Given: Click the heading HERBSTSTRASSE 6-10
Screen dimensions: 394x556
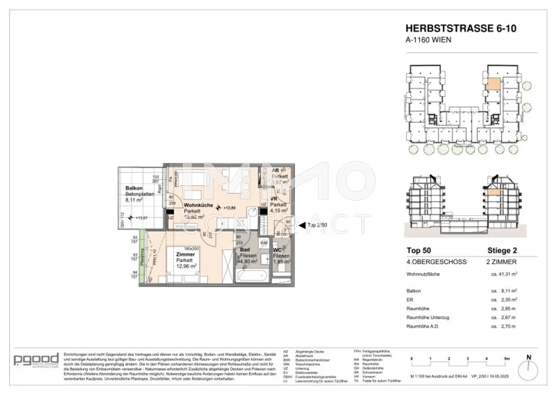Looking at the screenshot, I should coord(460,28).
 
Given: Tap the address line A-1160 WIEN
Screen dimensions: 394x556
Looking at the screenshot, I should coord(428,40).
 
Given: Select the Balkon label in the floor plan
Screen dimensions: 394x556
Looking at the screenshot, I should coord(134,188).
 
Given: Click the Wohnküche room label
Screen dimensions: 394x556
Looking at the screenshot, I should coord(198,205).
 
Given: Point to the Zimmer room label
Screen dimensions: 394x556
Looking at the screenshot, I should coord(185,254).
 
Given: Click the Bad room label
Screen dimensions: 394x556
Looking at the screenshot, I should coord(245,250).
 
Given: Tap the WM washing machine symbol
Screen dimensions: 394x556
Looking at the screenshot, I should coord(264,243).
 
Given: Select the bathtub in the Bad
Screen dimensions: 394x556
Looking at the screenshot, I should coord(251,277).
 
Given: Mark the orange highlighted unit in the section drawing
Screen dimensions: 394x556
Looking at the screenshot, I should coord(493,192).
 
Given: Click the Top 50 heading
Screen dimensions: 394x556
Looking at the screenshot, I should coord(418,250).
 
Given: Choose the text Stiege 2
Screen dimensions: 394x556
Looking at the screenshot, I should coord(502,250).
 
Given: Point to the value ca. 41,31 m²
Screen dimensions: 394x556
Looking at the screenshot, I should coord(504,274).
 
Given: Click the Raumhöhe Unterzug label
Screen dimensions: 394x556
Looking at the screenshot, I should coord(427,318).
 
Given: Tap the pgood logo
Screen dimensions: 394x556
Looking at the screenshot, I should coord(36,360).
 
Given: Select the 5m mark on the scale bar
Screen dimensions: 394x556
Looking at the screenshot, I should coord(507,359).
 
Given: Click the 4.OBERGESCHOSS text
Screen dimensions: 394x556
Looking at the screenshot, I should coord(436,262).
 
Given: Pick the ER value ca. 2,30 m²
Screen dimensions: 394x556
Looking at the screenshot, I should coord(504,300).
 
